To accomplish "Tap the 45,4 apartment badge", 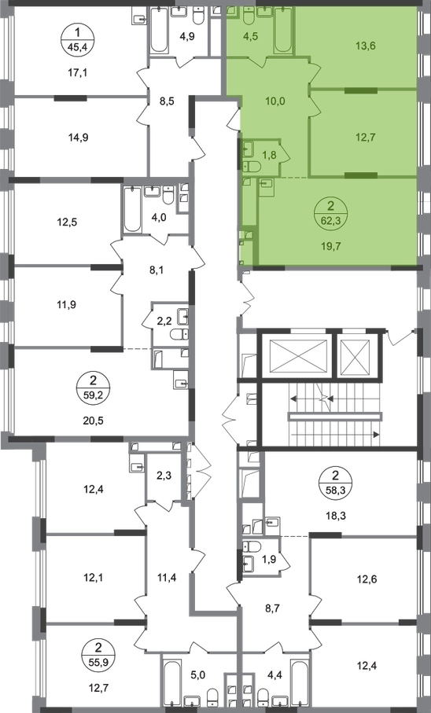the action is [77, 40].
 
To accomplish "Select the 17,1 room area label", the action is [77, 72].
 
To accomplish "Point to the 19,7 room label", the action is [331, 247].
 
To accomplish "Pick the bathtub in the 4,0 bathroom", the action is [133, 210].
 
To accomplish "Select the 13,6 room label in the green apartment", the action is [366, 46].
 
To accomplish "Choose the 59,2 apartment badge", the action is [94, 386].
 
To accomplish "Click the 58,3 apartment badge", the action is [336, 483].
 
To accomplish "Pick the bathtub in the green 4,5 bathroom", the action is [284, 32].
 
